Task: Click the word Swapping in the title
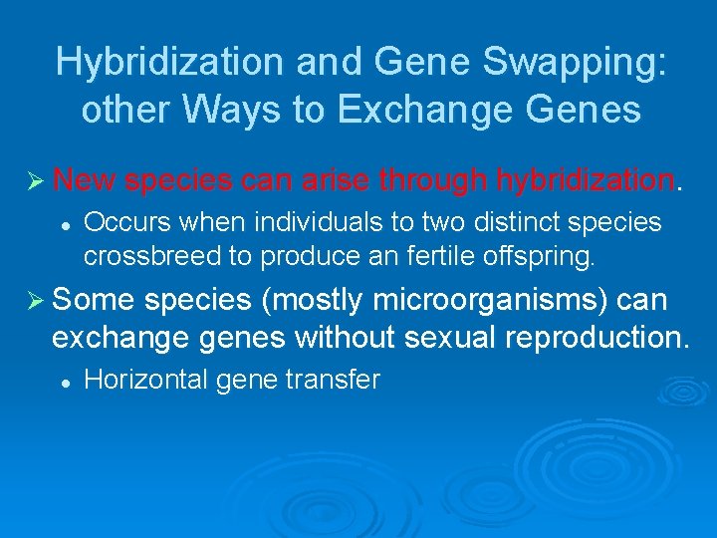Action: point(574,62)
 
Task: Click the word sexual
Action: point(450,337)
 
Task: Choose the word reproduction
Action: point(596,337)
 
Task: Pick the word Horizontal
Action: point(145,380)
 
